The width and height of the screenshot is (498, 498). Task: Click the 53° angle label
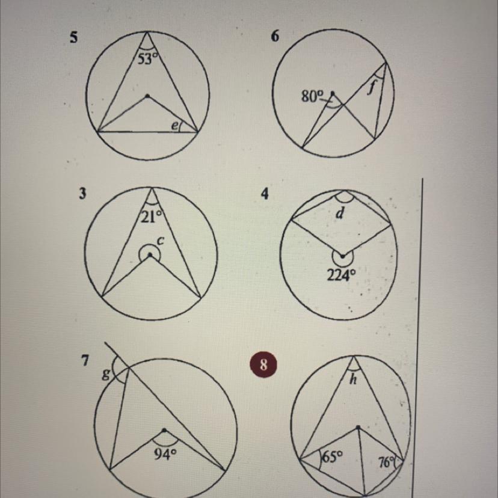[x=147, y=59]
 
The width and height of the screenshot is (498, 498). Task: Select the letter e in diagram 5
[x=174, y=126]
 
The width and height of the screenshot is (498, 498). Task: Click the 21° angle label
[x=151, y=217]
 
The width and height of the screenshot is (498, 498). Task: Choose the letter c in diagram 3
[x=161, y=241]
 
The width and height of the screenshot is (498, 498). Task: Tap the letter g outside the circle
[x=106, y=376]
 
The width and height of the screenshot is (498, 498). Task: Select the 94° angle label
[x=165, y=455]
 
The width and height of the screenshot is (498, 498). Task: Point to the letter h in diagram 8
[x=353, y=379]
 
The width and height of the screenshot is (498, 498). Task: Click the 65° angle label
[x=333, y=457]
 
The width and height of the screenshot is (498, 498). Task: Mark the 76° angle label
[x=387, y=463]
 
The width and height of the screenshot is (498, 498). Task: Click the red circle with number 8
[x=263, y=364]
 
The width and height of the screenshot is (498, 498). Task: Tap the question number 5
[x=73, y=38]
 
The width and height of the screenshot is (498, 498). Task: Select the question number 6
[x=275, y=37]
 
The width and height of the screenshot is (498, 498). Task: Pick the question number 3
[x=82, y=194]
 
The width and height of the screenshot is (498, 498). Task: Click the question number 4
[x=265, y=194]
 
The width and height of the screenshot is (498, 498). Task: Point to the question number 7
[x=85, y=360]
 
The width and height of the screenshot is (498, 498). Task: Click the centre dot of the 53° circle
[x=147, y=96]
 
